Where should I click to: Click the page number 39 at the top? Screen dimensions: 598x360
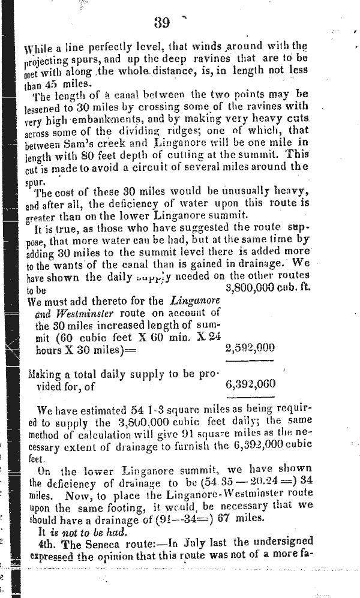[161, 23]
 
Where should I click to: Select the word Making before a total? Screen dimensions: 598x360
[47, 374]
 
